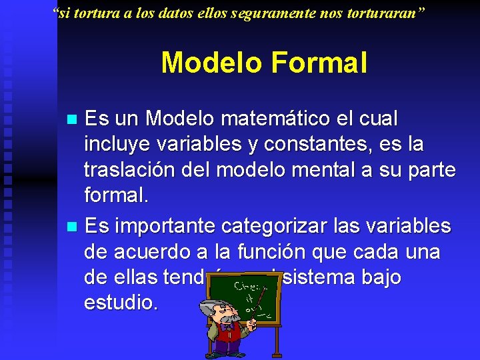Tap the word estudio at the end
[121, 303]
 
